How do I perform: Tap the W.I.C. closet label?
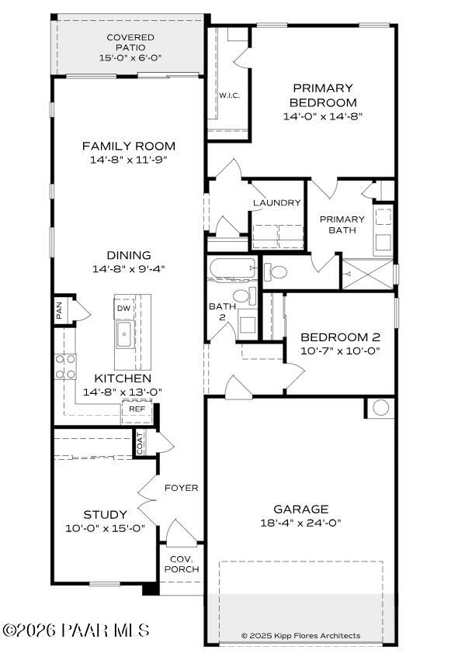(228, 95)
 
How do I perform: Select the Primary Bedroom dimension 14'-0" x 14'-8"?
(323, 116)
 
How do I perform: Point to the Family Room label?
(129, 146)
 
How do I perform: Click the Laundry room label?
(276, 202)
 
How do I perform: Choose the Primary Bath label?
(342, 224)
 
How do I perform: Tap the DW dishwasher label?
(124, 308)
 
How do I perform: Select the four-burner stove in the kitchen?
(65, 365)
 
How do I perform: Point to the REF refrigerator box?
(137, 409)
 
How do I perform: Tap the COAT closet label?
(141, 443)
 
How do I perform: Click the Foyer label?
(181, 488)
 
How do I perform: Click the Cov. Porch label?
(181, 564)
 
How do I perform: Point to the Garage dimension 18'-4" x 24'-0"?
(300, 522)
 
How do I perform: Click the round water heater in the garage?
(380, 407)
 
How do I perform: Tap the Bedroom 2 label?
(340, 337)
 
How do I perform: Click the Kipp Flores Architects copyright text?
(300, 635)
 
